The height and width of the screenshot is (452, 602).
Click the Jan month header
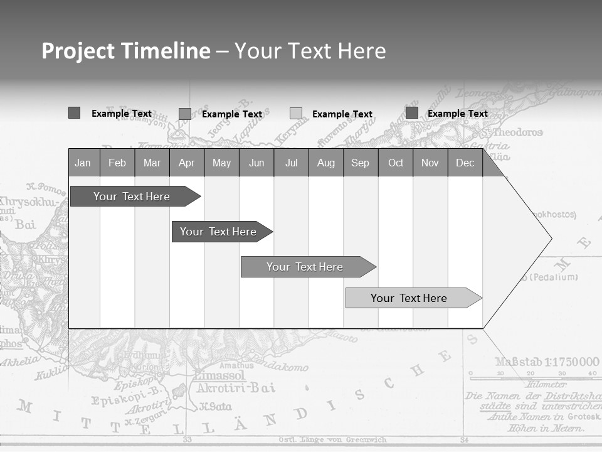83,163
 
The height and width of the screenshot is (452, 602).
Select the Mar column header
152,163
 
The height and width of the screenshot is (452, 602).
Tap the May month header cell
221,163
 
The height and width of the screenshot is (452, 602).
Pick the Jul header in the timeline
291,163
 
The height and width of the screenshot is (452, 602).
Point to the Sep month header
360,163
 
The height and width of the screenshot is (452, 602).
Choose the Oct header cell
396,163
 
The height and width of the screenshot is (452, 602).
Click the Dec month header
465,163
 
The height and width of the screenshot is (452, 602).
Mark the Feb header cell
117,163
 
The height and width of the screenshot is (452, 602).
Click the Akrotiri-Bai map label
236,388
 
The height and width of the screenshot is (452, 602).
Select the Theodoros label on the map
517,132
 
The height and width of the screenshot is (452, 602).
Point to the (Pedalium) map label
549,277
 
